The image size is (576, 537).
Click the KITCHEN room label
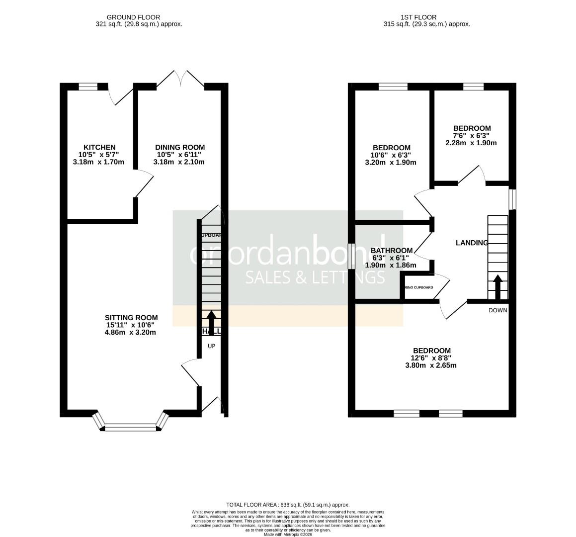[x=99, y=147]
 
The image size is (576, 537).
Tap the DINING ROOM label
[x=180, y=147]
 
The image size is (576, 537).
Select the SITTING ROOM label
[x=131, y=318]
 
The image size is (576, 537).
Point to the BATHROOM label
[x=391, y=250]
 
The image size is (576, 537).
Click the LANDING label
[x=472, y=243]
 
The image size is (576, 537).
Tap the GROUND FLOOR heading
[x=134, y=17]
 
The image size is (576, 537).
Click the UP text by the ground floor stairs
[x=211, y=346]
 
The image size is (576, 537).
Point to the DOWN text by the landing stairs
[x=497, y=310]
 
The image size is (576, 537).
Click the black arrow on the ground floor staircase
[x=211, y=322]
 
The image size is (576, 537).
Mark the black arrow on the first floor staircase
[x=497, y=286]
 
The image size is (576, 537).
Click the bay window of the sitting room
[x=131, y=426]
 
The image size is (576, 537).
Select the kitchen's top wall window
[x=88, y=87]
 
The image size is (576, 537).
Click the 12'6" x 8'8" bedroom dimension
[x=430, y=358]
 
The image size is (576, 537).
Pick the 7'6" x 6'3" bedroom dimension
[x=472, y=135]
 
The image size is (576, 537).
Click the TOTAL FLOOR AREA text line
[x=288, y=504]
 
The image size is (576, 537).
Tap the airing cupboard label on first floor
[x=418, y=287]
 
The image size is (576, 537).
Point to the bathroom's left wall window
[x=351, y=257]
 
